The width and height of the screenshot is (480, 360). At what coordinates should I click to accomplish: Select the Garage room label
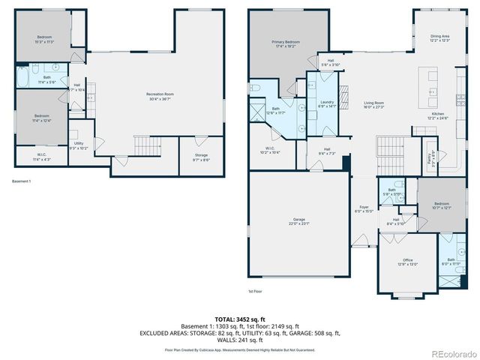[x=298, y=222]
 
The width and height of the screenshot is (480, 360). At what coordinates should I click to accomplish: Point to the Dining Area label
[x=440, y=37]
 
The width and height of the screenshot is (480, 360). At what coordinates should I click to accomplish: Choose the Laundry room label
[x=326, y=103]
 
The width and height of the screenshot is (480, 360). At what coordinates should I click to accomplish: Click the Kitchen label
[x=437, y=116]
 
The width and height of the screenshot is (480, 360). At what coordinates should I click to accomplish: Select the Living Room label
[x=373, y=105]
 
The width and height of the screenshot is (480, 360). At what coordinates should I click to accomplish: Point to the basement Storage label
[x=201, y=157]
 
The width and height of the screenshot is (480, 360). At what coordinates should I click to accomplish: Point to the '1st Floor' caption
[x=255, y=291]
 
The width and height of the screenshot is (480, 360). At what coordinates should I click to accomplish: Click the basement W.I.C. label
[x=40, y=157]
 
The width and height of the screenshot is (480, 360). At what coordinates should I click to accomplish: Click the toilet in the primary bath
[x=256, y=88]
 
